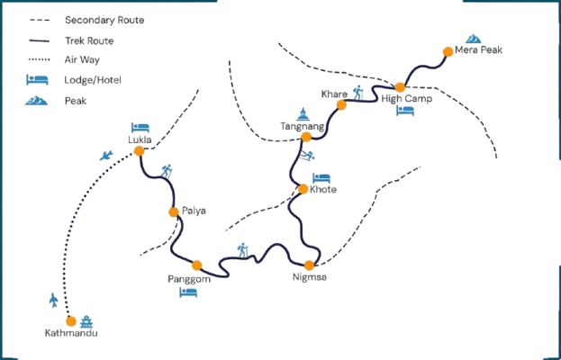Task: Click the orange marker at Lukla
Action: pos(139,151)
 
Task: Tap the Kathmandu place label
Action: pos(70,334)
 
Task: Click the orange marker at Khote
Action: pos(303,189)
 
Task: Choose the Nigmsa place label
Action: pos(310,277)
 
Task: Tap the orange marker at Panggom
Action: pos(197,265)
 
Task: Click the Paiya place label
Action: pos(194,211)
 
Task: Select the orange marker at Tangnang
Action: pos(306,137)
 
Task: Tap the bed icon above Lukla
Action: pos(139,128)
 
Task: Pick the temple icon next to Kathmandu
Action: pos(86,321)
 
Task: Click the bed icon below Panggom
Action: pos(188,292)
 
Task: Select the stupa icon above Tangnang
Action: pos(303,113)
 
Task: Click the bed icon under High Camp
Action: pos(405,112)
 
